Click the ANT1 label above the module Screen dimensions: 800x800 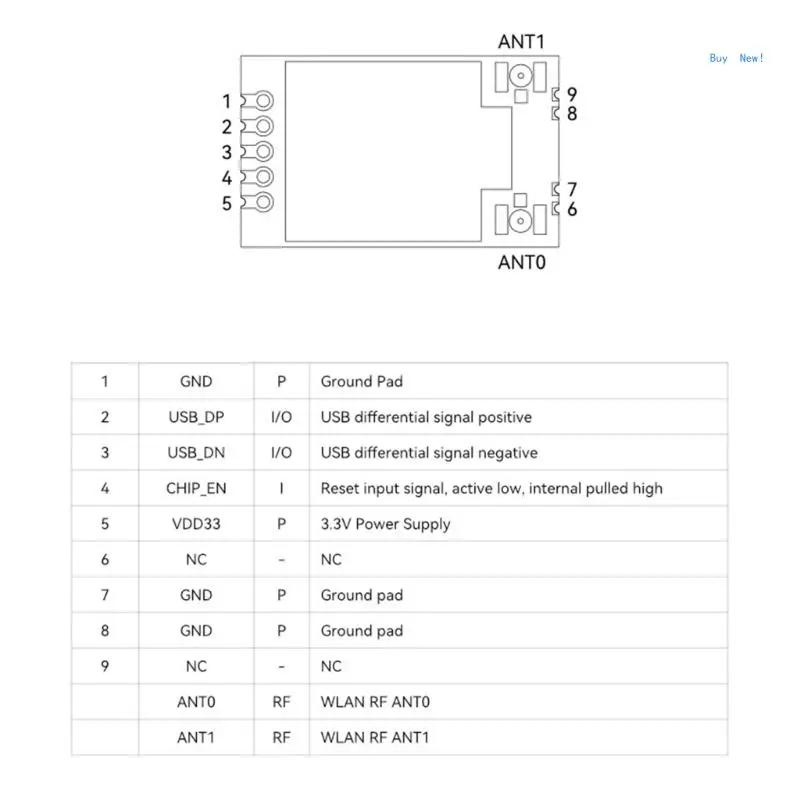coord(521,42)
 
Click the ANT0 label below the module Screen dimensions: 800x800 coord(521,262)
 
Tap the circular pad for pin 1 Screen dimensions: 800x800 coord(263,101)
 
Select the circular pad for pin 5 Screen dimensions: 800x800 coord(263,203)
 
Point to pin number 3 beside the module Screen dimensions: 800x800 coord(227,152)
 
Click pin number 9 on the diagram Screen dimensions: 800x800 coord(572,94)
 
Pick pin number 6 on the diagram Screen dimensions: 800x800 coord(572,209)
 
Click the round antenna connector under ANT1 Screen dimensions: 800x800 coord(520,76)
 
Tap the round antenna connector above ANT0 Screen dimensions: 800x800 coord(520,221)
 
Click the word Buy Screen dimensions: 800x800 coord(718,58)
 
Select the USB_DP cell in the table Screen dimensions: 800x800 coord(196,417)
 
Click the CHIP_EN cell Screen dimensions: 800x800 coord(196,488)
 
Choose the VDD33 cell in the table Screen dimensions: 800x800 coord(196,524)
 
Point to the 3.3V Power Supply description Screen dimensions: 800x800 coord(385,524)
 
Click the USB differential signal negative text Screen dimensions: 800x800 coord(429,453)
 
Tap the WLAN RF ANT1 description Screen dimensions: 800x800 coord(374,737)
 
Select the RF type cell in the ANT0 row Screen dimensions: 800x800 coord(281,702)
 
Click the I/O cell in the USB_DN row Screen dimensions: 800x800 coord(281,453)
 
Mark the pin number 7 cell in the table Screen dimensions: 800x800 coord(105,595)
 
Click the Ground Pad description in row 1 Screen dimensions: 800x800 coord(361,382)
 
